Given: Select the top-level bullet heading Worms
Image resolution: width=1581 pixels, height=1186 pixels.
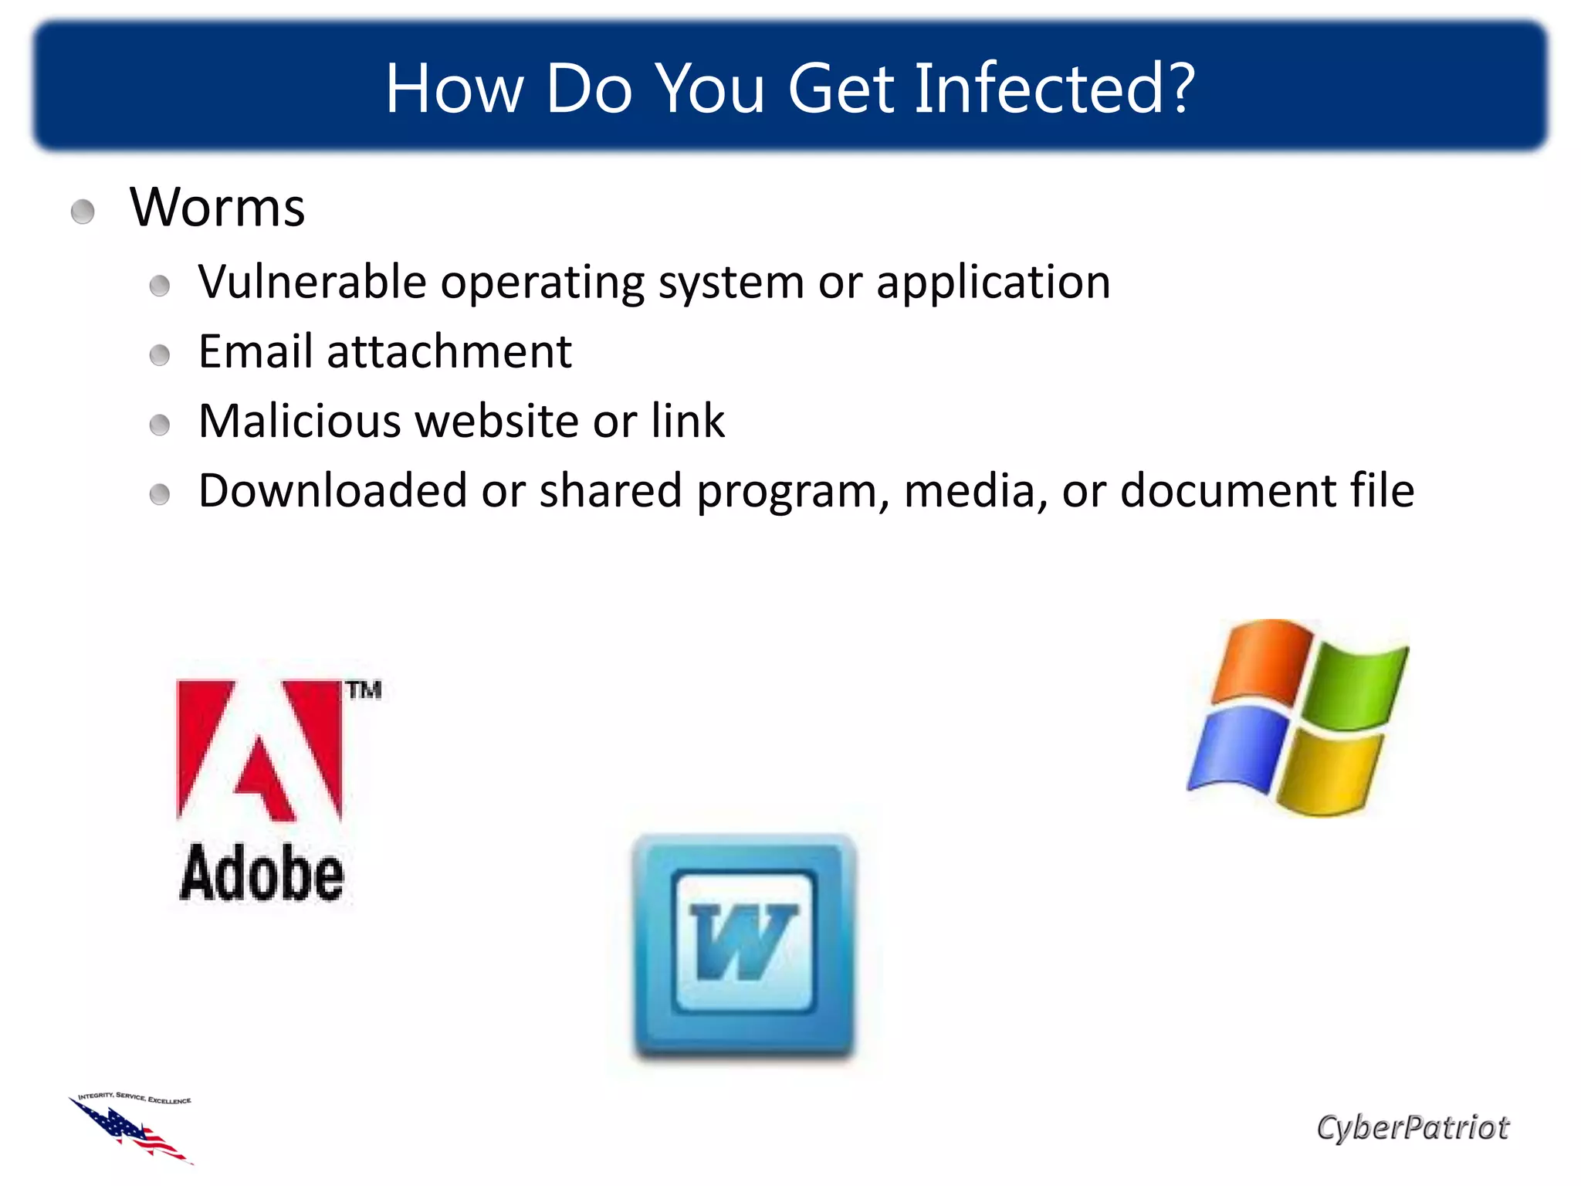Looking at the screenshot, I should pos(217,208).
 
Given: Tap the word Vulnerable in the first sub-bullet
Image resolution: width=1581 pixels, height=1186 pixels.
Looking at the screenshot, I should pos(312,282).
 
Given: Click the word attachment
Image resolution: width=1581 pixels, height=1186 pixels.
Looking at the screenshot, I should pos(449,351).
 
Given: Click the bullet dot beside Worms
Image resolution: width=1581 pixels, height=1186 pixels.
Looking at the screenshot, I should pos(83,212).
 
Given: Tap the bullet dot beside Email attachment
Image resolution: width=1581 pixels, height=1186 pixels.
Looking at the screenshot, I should pos(160,355).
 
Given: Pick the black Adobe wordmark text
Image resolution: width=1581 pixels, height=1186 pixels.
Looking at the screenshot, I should pos(262,873).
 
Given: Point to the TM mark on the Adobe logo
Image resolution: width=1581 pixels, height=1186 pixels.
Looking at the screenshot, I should pos(363,690).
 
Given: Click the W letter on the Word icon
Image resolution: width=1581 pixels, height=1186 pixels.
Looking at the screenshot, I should pos(743,941).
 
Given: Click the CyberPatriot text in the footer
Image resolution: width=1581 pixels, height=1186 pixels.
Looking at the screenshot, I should pos(1412,1127).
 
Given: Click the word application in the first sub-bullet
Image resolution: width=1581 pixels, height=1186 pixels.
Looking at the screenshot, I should pos(993,282).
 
